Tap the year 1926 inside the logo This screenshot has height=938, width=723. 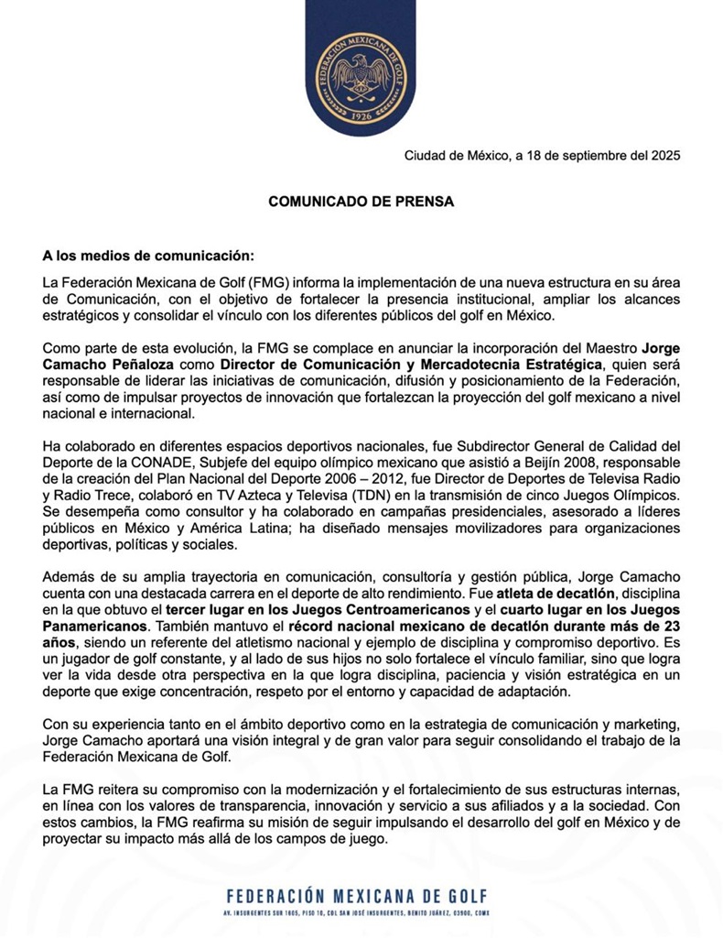(x=361, y=118)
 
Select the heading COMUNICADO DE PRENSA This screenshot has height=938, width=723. (x=361, y=201)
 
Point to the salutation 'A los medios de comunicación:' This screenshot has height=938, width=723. (x=147, y=255)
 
